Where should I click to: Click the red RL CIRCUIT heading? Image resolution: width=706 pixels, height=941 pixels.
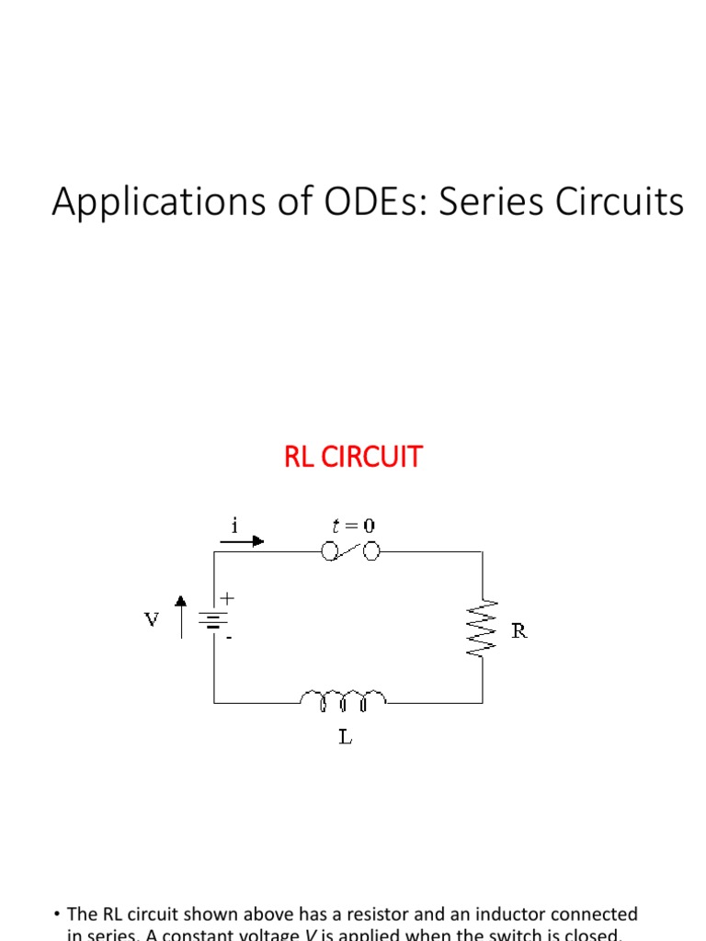tap(353, 457)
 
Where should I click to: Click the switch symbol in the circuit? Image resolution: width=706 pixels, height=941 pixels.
tap(351, 551)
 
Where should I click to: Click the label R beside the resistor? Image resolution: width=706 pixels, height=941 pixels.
tap(519, 631)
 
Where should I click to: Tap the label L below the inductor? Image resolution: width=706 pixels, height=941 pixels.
tap(345, 737)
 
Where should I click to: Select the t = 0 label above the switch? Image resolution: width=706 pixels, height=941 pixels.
tap(353, 526)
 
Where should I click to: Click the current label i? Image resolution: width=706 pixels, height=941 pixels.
tap(235, 525)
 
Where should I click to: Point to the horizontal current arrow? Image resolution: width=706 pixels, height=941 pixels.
tap(242, 541)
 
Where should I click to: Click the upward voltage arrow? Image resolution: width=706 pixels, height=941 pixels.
tap(182, 617)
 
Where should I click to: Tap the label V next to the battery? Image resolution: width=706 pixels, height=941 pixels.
tap(152, 620)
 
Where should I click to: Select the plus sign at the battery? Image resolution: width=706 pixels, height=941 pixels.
tap(227, 597)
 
